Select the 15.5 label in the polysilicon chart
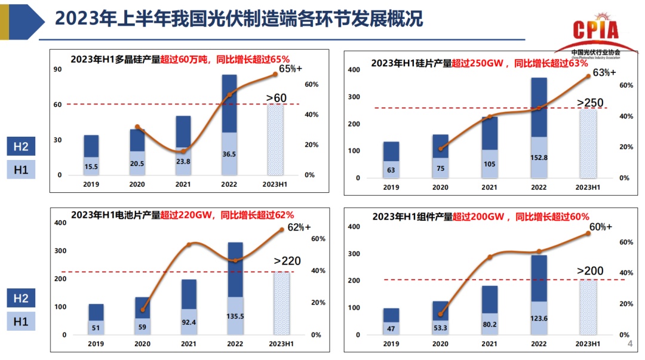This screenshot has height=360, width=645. pos(91,167)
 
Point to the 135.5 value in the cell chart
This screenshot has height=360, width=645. pos(235,316)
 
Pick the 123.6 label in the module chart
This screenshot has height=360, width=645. pos(539,319)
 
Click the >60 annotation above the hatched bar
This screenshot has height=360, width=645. pos(276,97)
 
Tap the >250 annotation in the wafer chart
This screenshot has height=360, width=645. pos(589,103)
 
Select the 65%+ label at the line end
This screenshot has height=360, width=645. pos(290,69)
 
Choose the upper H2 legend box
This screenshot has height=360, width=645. pos(21,146)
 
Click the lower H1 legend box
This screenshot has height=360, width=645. pos(21,322)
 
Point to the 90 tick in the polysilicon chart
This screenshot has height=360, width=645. pos(58,69)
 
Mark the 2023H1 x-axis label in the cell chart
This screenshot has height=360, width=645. pos(281,344)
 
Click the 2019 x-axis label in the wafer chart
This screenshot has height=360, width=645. pos(391,187)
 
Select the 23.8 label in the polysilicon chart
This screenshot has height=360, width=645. pos(183,161)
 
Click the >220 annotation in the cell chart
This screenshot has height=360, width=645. pos(287,260)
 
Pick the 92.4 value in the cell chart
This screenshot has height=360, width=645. pos(189,322)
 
